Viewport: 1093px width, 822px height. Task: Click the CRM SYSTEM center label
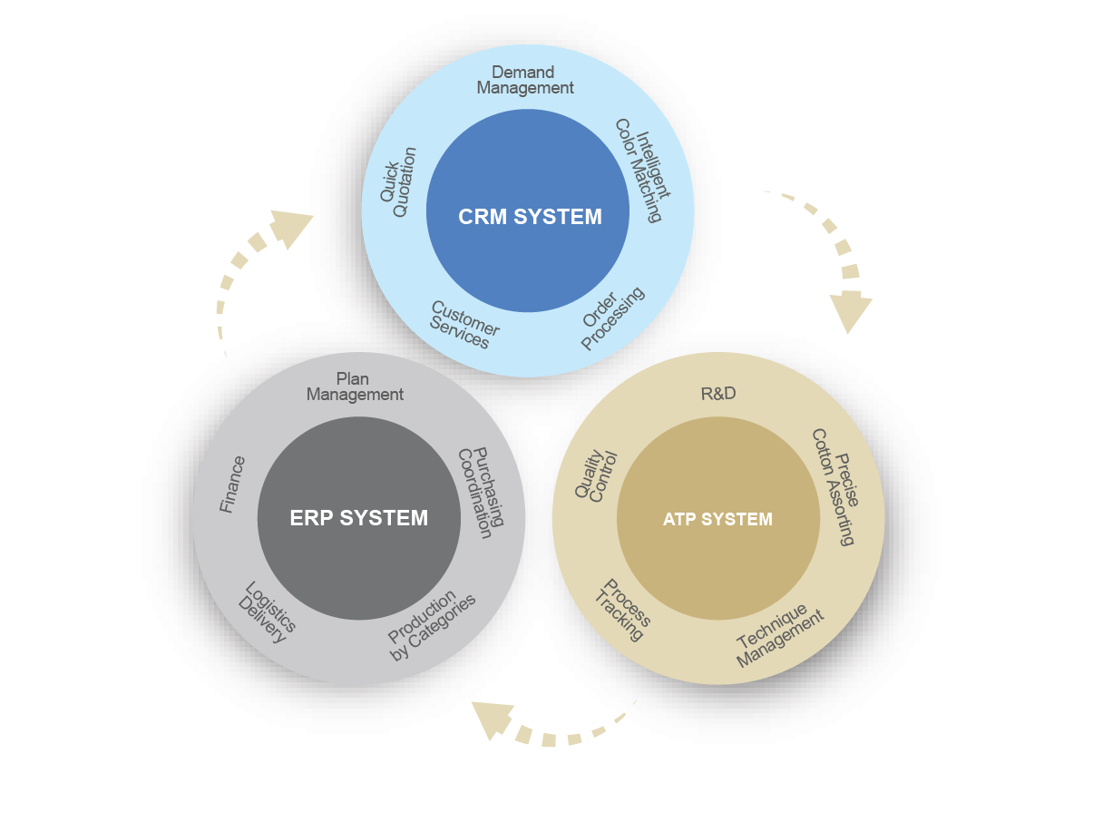click(x=530, y=217)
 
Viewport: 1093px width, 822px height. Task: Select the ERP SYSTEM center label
click(x=358, y=518)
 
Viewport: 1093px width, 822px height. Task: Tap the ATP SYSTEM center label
click(x=717, y=520)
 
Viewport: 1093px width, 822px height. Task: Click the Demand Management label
click(x=525, y=80)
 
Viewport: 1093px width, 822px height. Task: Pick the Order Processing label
click(x=612, y=318)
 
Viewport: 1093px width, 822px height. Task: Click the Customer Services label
click(x=464, y=325)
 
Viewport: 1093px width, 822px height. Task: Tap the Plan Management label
click(x=355, y=387)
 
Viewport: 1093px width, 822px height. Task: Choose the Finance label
click(x=232, y=484)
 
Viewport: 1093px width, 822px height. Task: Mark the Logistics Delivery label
click(x=268, y=612)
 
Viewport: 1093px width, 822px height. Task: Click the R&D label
click(x=717, y=394)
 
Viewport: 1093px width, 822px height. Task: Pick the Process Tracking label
click(x=622, y=610)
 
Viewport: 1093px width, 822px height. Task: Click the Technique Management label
click(x=779, y=636)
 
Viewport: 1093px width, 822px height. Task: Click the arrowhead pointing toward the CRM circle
click(x=291, y=228)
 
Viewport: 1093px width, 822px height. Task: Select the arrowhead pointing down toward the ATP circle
click(x=850, y=311)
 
